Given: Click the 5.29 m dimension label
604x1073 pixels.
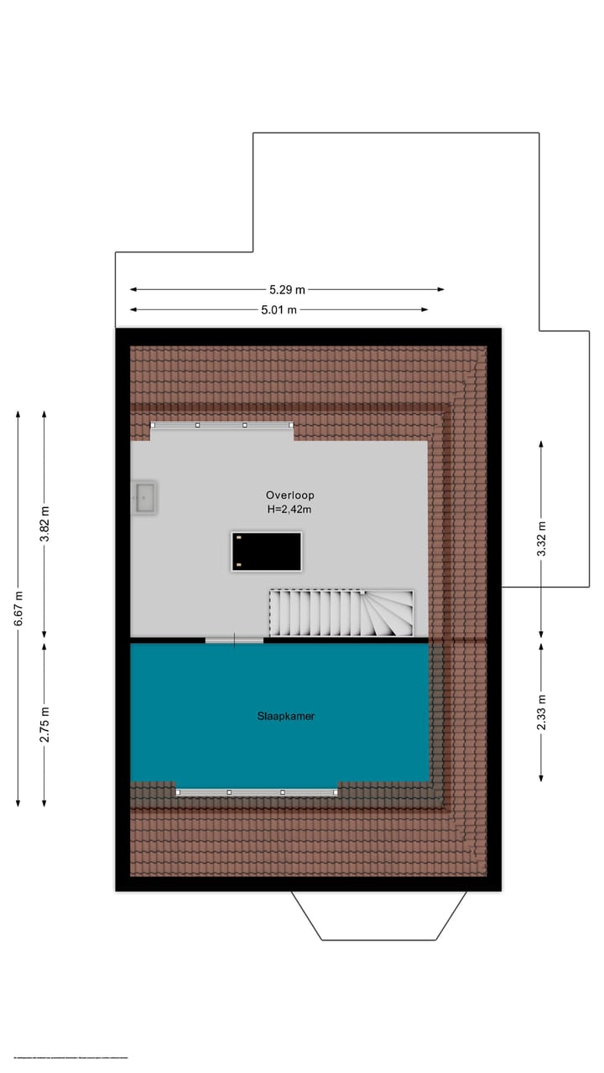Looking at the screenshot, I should click(x=287, y=290).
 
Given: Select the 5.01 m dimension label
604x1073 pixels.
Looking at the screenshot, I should click(x=279, y=310).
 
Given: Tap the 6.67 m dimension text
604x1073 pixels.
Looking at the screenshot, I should click(x=18, y=608).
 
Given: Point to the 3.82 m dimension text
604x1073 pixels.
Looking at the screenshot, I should click(x=44, y=525).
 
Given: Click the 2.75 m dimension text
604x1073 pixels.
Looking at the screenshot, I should click(x=44, y=724).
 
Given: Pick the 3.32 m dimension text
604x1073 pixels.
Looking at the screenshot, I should click(x=541, y=538).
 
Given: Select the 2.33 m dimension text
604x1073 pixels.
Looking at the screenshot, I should click(x=541, y=713).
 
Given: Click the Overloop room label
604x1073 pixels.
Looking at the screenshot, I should click(x=289, y=495).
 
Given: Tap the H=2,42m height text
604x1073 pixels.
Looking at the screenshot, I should click(x=289, y=509).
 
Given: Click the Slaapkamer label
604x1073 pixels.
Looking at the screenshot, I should click(x=286, y=717).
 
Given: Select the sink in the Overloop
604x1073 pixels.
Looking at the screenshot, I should click(x=144, y=497).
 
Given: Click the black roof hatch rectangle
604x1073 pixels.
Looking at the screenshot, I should click(x=266, y=552).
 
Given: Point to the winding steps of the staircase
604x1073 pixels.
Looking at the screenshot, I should click(x=388, y=614).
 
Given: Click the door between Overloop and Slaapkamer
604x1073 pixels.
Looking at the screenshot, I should click(x=234, y=640).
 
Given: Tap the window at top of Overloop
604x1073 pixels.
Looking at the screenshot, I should click(x=221, y=425).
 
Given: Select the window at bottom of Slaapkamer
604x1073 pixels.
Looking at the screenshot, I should click(x=257, y=792).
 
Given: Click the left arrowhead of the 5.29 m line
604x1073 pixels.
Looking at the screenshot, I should click(x=133, y=290).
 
